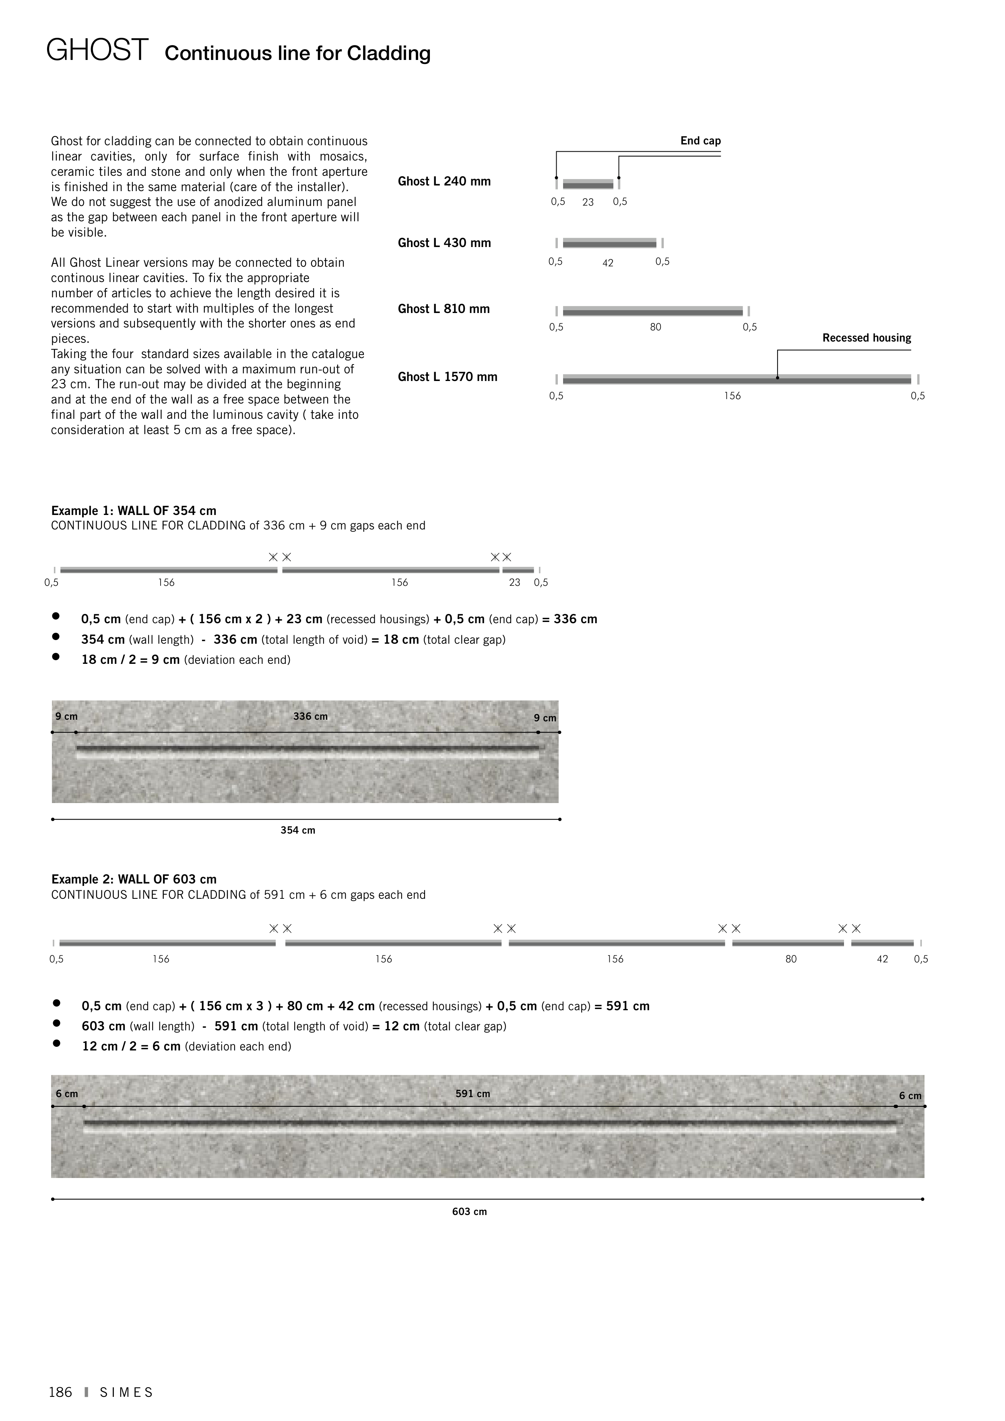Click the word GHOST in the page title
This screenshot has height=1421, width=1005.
click(x=97, y=50)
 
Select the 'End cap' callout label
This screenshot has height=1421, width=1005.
click(x=700, y=140)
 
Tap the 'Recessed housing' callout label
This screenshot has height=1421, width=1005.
click(x=866, y=338)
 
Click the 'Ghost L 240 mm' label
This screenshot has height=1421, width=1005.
click(x=444, y=181)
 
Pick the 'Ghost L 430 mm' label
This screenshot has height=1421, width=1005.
click(x=444, y=243)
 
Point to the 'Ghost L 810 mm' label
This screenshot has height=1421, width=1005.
click(x=444, y=309)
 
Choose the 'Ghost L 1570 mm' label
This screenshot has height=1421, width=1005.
click(x=447, y=377)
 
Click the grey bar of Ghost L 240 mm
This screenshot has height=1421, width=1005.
click(x=588, y=184)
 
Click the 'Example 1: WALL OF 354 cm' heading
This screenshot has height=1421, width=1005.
click(x=134, y=511)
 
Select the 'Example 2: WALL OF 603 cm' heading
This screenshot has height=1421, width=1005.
click(x=134, y=879)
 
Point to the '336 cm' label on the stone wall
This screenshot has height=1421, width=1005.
click(x=310, y=717)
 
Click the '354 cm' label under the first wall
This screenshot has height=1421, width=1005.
click(x=298, y=830)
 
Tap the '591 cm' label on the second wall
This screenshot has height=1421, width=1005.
click(x=473, y=1094)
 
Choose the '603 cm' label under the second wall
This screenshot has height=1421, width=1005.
click(x=469, y=1212)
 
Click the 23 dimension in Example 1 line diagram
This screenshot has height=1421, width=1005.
click(x=515, y=583)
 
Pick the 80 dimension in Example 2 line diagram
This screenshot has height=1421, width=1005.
click(x=791, y=959)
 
